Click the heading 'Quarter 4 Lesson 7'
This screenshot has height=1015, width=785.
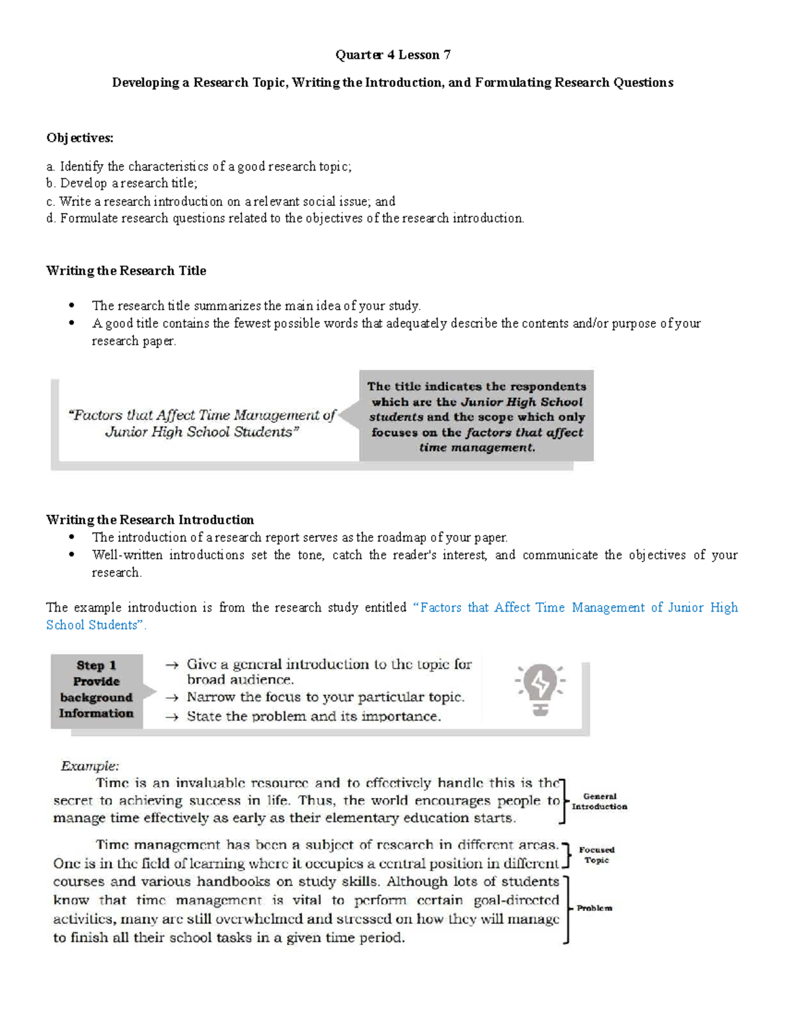pyautogui.click(x=392, y=55)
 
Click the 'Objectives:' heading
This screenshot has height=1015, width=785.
pyautogui.click(x=79, y=138)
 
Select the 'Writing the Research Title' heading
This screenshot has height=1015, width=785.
pyautogui.click(x=126, y=271)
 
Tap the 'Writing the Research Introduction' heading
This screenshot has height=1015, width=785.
pyautogui.click(x=150, y=520)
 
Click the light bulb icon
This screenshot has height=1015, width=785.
pyautogui.click(x=540, y=690)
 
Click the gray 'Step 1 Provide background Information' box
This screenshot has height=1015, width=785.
pyautogui.click(x=97, y=690)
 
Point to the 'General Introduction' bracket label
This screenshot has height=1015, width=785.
pyautogui.click(x=599, y=801)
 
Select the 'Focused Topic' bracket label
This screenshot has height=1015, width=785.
pyautogui.click(x=597, y=855)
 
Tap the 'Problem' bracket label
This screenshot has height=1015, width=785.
pyautogui.click(x=595, y=908)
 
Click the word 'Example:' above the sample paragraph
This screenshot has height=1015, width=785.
pyautogui.click(x=90, y=765)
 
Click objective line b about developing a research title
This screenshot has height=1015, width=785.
pyautogui.click(x=122, y=184)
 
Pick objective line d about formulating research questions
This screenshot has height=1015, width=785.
pyautogui.click(x=285, y=218)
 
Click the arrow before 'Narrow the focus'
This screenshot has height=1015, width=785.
pyautogui.click(x=172, y=697)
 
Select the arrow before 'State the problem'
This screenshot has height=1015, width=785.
pyautogui.click(x=172, y=717)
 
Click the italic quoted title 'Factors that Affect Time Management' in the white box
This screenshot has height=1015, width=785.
pyautogui.click(x=201, y=423)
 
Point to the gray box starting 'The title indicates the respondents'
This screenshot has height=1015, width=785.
pyautogui.click(x=476, y=416)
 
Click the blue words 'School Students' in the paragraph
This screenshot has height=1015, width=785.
pyautogui.click(x=92, y=625)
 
